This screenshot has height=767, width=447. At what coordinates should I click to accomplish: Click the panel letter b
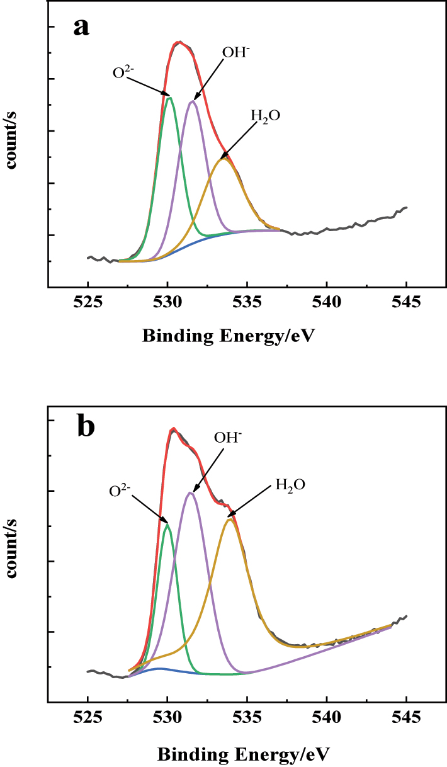pyautogui.click(x=85, y=426)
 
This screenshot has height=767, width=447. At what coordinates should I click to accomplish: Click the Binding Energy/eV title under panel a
pyautogui.click(x=228, y=336)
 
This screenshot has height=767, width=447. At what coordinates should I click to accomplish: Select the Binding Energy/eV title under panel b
pyautogui.click(x=242, y=753)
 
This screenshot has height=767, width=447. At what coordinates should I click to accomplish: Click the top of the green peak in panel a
pyautogui.click(x=169, y=97)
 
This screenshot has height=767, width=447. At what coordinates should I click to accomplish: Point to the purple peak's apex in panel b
pyautogui.click(x=190, y=492)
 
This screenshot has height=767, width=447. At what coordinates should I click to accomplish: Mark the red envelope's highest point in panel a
pyautogui.click(x=180, y=42)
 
